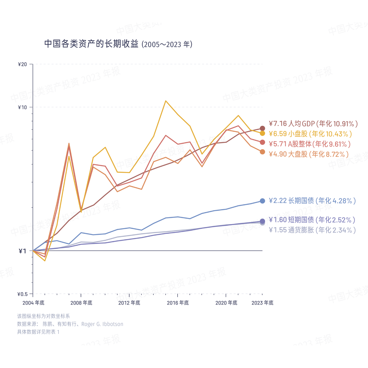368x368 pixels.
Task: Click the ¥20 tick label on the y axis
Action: click(22, 64)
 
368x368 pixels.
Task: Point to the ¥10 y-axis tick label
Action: click(22, 107)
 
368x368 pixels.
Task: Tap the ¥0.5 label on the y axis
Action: click(22, 294)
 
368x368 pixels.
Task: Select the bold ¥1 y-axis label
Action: click(22, 251)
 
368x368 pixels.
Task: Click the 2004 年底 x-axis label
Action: click(33, 303)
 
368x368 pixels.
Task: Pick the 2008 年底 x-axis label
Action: click(81, 303)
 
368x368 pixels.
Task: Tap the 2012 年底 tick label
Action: click(129, 303)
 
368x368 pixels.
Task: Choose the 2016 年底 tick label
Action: click(178, 303)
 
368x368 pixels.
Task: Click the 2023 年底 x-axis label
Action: click(262, 303)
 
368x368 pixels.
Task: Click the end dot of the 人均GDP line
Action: click(262, 128)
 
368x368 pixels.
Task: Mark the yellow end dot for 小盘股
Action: click(262, 133)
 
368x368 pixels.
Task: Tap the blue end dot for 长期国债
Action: click(262, 201)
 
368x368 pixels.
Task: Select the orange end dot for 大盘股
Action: click(262, 152)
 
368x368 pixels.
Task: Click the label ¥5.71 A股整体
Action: click(309, 144)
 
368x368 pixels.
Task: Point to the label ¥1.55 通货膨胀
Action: click(312, 230)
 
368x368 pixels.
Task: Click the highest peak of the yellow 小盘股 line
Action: click(166, 101)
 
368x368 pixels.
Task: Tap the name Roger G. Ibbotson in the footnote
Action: click(102, 324)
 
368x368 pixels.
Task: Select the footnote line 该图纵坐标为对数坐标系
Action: click(43, 316)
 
